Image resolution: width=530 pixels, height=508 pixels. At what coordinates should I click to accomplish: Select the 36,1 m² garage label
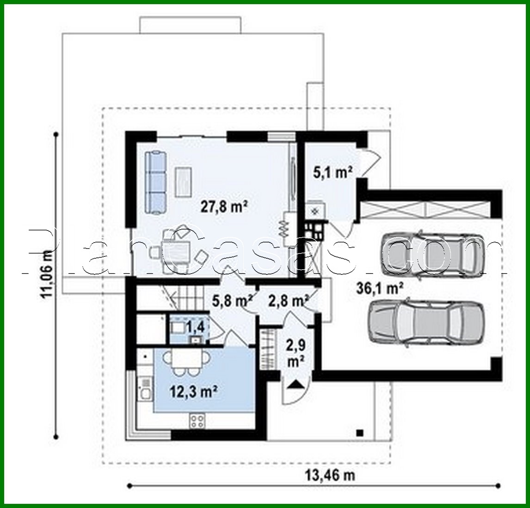(380, 289)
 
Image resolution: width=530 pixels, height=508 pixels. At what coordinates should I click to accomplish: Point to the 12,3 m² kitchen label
(193, 392)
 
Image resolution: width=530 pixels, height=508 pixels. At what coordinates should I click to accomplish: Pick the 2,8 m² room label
(288, 301)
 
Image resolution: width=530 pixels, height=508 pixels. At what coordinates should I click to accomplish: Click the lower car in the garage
(425, 323)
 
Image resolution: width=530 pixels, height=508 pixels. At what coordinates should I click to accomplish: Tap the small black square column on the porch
(359, 433)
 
